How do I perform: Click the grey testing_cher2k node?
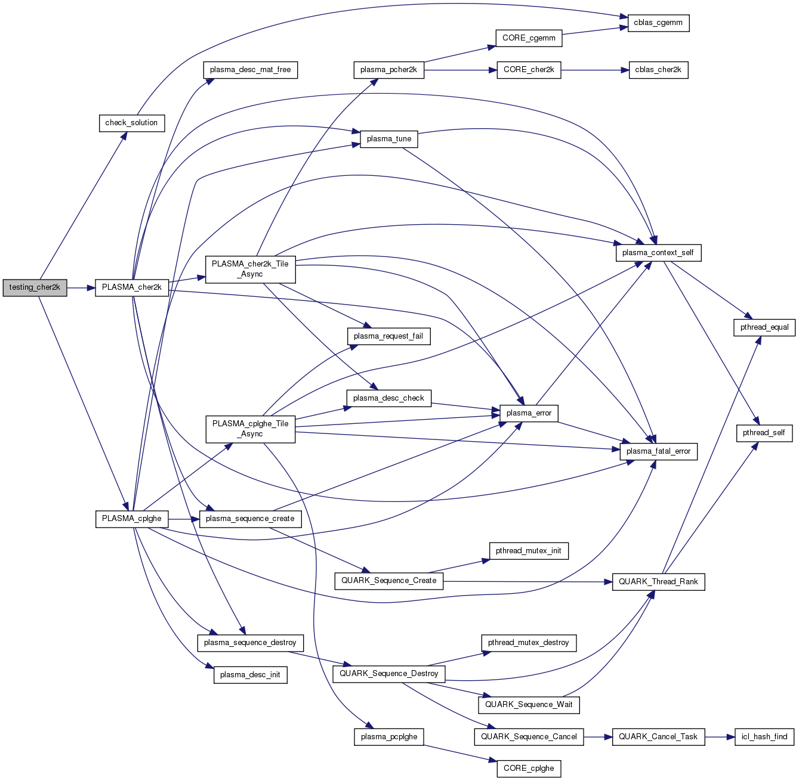tap(35, 287)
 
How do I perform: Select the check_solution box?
tap(131, 123)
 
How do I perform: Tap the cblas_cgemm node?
tap(658, 23)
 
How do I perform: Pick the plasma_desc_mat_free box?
tap(250, 70)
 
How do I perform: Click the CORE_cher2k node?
tap(529, 70)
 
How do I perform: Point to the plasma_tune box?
tap(389, 139)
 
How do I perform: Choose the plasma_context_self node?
tap(658, 253)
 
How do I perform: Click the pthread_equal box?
tap(764, 327)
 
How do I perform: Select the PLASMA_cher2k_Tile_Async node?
tap(250, 269)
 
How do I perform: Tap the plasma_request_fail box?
tap(388, 336)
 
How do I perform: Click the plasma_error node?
tap(529, 413)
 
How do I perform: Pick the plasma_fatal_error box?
tap(658, 451)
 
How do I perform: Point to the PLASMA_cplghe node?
tap(131, 519)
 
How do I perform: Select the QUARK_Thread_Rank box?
tap(658, 582)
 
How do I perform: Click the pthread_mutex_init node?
tap(528, 551)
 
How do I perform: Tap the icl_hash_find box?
tap(764, 737)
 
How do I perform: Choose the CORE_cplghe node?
tap(529, 768)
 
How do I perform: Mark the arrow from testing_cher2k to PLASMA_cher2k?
tap(81, 287)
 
